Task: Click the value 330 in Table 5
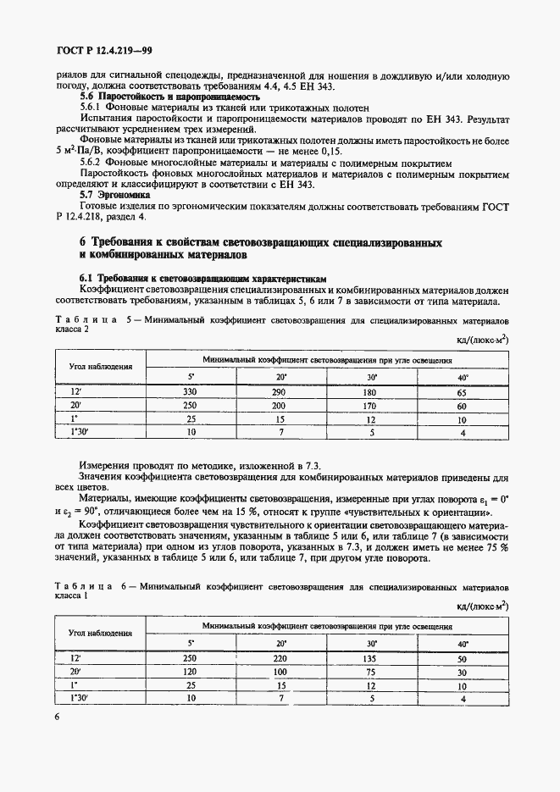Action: (190, 392)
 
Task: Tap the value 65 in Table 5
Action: (462, 392)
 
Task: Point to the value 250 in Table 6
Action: (190, 657)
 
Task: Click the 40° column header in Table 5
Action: (462, 377)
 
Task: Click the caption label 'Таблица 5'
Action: (87, 323)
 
